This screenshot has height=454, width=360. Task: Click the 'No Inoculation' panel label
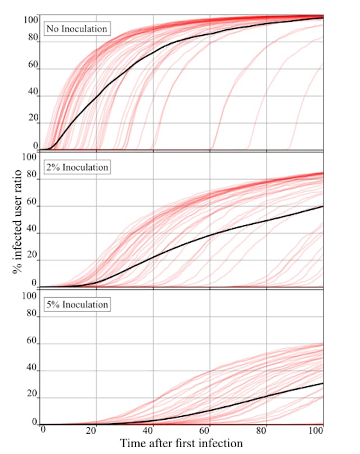pyautogui.click(x=76, y=28)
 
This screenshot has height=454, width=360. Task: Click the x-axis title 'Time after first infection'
pyautogui.click(x=181, y=443)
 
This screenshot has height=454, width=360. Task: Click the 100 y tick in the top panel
pyautogui.click(x=30, y=20)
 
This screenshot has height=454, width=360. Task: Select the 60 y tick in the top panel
pyautogui.click(x=33, y=65)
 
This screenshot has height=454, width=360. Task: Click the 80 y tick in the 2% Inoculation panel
pyautogui.click(x=33, y=181)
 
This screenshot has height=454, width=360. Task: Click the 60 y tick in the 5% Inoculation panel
pyautogui.click(x=33, y=341)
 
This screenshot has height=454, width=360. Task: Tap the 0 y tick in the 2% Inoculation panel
pyautogui.click(x=35, y=283)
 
